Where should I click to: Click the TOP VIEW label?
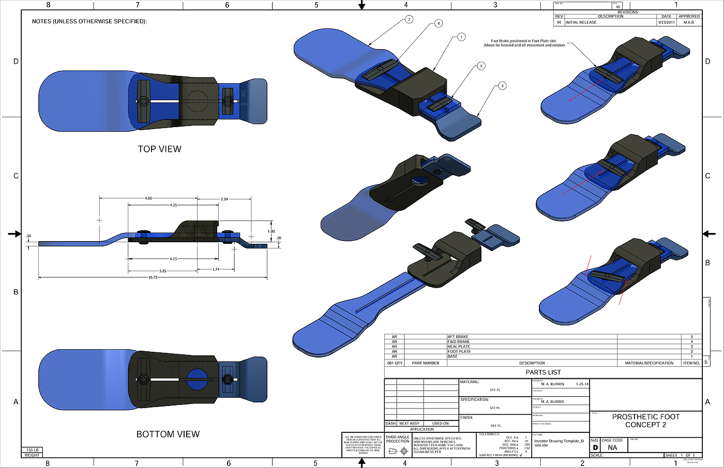point(159,149)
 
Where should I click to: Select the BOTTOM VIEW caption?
point(168,434)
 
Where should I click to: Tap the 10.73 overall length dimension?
point(153,277)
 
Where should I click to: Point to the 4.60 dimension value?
point(148,198)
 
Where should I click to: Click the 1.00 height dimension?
point(271,231)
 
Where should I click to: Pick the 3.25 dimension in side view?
point(162,271)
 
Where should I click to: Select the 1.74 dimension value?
point(216,269)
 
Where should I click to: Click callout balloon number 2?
point(409,20)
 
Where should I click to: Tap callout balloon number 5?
point(481,66)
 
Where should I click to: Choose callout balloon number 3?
point(502,86)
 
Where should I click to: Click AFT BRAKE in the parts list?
point(458,337)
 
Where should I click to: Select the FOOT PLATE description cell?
point(459,352)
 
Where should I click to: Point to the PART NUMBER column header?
point(426,363)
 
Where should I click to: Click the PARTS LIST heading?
point(543,372)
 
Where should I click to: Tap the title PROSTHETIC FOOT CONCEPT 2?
point(646,420)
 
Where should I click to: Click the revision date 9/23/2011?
point(666,23)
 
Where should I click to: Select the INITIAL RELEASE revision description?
point(581,23)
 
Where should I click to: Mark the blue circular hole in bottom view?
point(197,380)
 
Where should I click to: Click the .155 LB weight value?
point(32,450)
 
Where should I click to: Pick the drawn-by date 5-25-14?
point(582,384)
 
